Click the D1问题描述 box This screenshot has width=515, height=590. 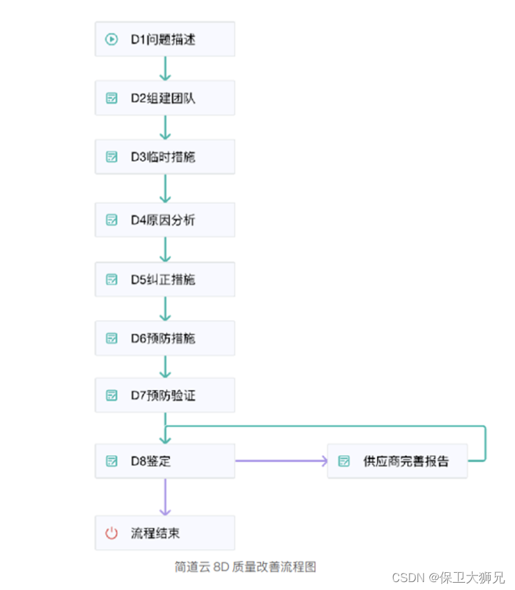tap(165, 39)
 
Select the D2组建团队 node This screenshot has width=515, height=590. tap(165, 98)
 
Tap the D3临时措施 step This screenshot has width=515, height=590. tap(165, 157)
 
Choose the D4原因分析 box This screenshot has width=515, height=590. tap(165, 220)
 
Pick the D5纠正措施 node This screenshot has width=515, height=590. tap(165, 279)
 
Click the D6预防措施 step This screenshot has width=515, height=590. tap(165, 338)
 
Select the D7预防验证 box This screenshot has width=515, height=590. tap(165, 395)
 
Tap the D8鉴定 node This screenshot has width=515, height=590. tap(165, 461)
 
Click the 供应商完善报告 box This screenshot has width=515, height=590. tap(397, 461)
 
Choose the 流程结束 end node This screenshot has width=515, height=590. tap(165, 533)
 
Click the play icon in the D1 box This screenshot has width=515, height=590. tap(112, 39)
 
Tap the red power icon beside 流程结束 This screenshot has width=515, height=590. tap(112, 533)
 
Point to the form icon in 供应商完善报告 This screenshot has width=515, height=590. tap(344, 461)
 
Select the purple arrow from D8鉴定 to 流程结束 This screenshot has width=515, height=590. tap(165, 496)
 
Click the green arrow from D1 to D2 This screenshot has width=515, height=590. tap(165, 68)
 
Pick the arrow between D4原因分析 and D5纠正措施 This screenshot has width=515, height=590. tap(165, 250)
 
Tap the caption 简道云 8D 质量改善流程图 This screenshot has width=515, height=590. tap(246, 566)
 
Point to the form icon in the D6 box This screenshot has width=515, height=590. tap(112, 338)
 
